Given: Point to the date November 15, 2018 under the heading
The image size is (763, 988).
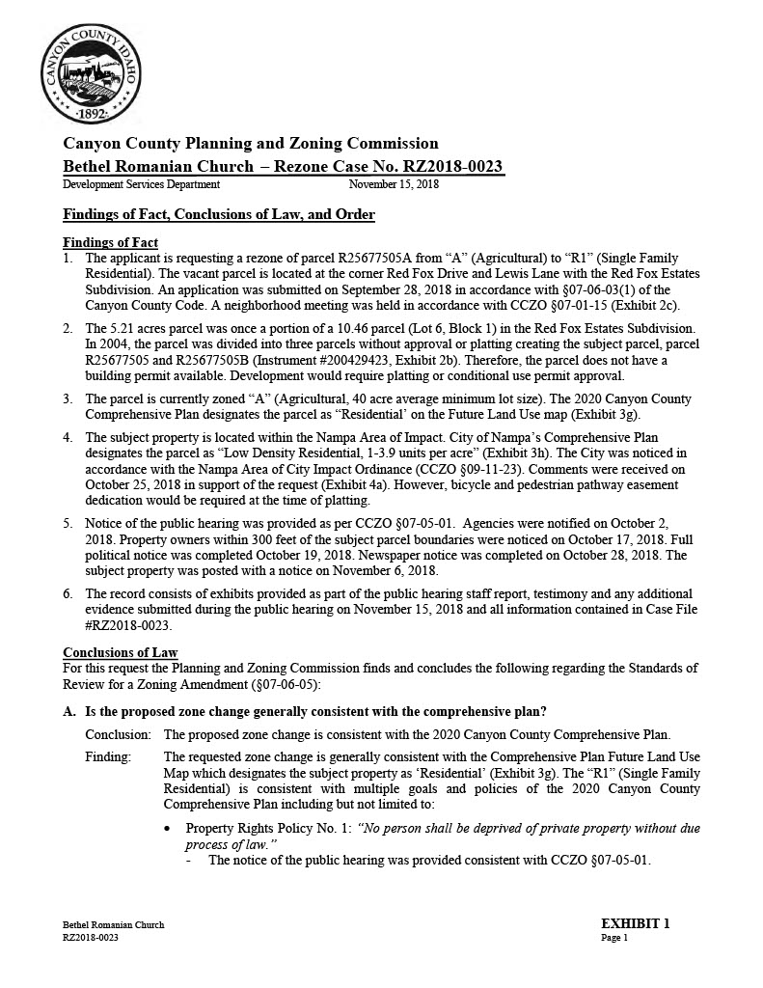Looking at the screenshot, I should [x=394, y=184].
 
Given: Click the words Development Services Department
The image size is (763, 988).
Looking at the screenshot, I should [x=141, y=184].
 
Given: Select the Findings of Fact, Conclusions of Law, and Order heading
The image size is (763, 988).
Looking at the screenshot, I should [x=219, y=214].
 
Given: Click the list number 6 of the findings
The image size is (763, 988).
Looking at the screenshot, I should [x=68, y=593].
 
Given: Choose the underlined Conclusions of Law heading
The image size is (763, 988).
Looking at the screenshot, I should [x=121, y=653].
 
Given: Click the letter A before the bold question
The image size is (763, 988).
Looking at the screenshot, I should [x=68, y=712].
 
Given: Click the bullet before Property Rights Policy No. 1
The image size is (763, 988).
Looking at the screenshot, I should [x=170, y=829].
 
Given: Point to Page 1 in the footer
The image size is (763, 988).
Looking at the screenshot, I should [x=614, y=937].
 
